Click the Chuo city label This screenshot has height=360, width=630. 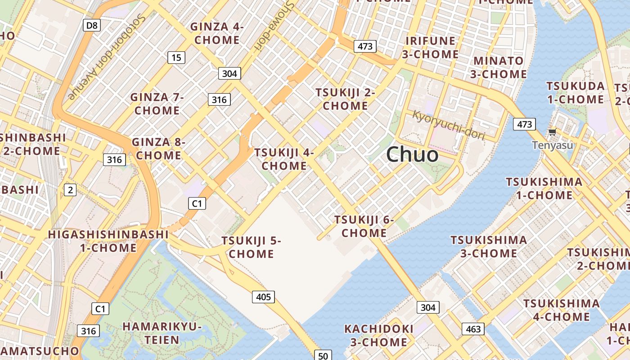coord(412,155)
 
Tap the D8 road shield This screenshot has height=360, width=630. coord(92,25)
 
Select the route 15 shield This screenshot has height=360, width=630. coord(176,57)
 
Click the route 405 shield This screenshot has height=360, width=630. coord(263,297)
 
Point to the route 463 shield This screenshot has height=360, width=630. coord(473,329)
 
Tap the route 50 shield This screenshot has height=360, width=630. coord(323,355)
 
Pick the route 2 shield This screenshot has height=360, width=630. coord(70,190)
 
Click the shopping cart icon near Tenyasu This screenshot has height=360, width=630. coord(552,132)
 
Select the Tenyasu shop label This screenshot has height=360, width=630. coord(553,145)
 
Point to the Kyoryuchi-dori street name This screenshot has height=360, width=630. coord(448,126)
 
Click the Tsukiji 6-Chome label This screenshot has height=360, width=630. coord(364,226)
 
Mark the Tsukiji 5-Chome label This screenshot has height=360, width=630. coord(251,247)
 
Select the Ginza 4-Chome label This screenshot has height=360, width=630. coord(217,33)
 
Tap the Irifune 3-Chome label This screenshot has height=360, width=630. coord(430,47)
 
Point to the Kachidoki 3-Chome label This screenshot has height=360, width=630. coord(378,335)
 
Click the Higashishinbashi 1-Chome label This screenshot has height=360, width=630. coord(108,241)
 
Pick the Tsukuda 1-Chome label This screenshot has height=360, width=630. coord(575,92)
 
